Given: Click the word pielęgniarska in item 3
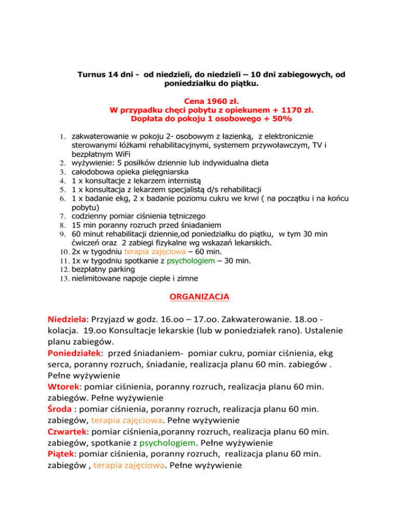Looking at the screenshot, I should (162, 172).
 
